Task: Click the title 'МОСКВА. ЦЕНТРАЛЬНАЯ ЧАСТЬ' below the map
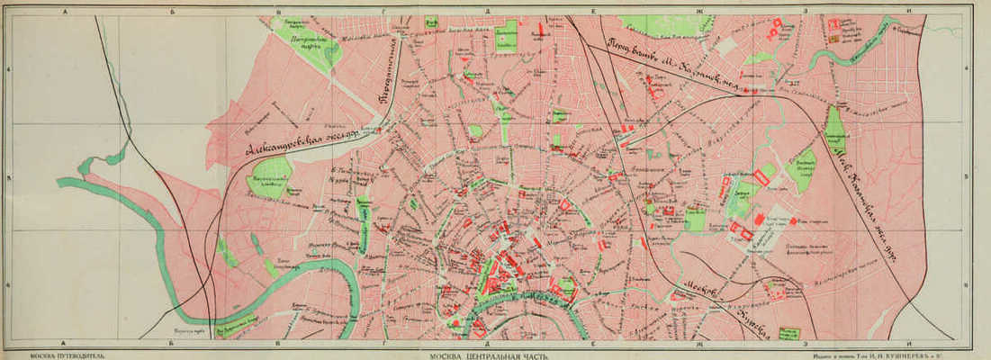491,355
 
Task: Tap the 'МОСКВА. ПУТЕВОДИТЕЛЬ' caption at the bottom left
66,355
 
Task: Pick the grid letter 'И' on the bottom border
911,344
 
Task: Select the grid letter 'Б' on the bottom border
174,344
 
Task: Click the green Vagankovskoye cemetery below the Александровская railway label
270,177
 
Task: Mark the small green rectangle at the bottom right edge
788,333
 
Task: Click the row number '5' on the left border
7,177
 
